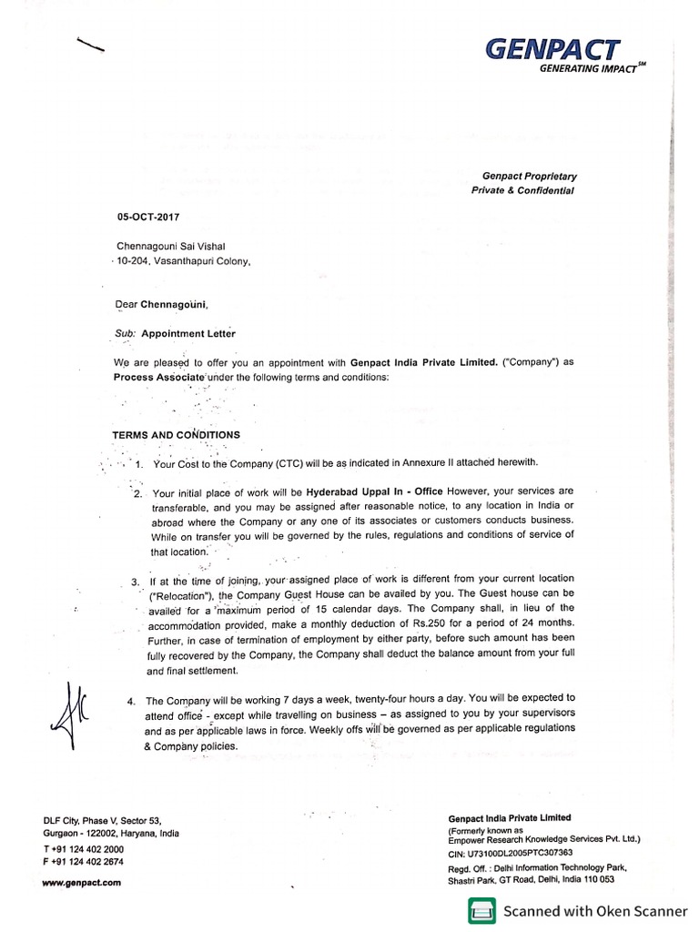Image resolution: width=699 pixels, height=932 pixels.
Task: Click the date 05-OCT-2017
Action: pyautogui.click(x=148, y=218)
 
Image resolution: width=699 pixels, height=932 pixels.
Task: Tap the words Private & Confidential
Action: pyautogui.click(x=523, y=190)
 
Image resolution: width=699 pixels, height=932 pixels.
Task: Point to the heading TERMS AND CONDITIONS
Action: pyautogui.click(x=176, y=435)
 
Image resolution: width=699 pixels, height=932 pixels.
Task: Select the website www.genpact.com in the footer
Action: pyautogui.click(x=81, y=882)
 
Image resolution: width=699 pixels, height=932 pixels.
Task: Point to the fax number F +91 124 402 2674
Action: pyautogui.click(x=83, y=861)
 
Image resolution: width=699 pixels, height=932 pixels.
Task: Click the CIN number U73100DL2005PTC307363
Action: pyautogui.click(x=522, y=853)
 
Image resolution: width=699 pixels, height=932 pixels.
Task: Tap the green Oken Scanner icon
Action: pyautogui.click(x=481, y=911)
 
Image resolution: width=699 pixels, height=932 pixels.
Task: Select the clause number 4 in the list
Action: pyautogui.click(x=133, y=702)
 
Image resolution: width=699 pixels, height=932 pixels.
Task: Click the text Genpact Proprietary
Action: pyautogui.click(x=529, y=176)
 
